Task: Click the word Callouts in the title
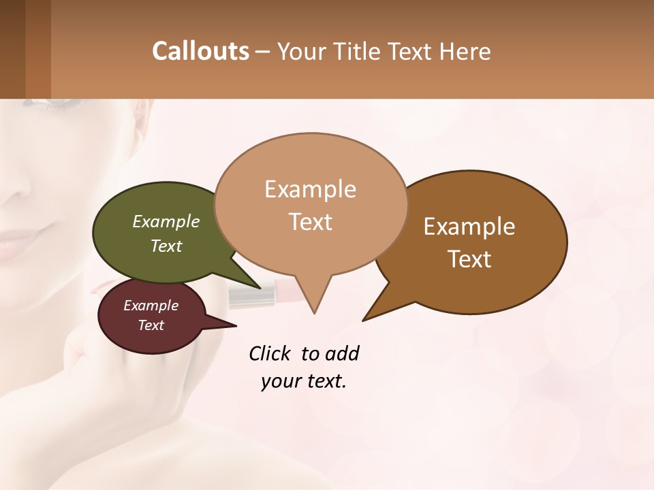click(200, 51)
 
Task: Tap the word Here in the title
click(463, 51)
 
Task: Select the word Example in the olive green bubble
click(166, 221)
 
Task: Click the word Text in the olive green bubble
click(166, 246)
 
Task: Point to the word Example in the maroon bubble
click(151, 306)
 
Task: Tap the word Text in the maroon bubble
click(151, 325)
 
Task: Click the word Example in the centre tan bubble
click(310, 189)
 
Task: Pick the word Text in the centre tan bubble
click(310, 222)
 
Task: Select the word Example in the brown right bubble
click(469, 227)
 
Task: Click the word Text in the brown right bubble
click(469, 259)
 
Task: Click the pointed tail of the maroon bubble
click(235, 325)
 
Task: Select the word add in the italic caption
click(343, 354)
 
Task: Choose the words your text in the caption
click(303, 381)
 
